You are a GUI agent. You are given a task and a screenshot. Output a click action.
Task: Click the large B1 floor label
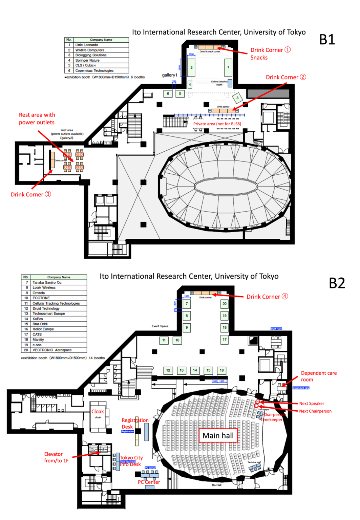(x=327, y=40)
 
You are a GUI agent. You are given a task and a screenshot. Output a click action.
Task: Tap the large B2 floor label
(x=337, y=283)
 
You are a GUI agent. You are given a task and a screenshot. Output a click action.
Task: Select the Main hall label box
(x=218, y=436)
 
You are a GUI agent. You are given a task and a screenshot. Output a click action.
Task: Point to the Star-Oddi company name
(x=40, y=324)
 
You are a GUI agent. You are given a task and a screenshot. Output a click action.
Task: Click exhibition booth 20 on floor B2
(x=225, y=304)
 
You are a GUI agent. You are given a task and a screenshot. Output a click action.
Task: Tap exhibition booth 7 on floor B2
(x=187, y=304)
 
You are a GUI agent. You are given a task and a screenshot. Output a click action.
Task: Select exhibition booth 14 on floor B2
(x=195, y=370)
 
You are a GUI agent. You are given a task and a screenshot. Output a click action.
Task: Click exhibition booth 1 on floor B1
(x=228, y=67)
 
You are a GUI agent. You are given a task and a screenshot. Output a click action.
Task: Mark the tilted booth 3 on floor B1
(x=237, y=98)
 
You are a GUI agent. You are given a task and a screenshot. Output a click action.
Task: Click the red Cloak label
(x=98, y=411)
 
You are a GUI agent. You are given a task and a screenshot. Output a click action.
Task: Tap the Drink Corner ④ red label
(x=267, y=297)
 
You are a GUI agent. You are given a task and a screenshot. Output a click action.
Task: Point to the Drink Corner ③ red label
(x=31, y=194)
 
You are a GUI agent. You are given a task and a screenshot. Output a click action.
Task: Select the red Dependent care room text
(x=318, y=376)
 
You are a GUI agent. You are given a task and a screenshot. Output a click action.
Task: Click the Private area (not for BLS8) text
(x=217, y=124)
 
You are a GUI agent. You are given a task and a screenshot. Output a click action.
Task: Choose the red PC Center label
(x=149, y=482)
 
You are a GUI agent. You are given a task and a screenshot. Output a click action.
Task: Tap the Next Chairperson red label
(x=315, y=411)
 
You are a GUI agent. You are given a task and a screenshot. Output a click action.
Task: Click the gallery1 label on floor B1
(x=169, y=75)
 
